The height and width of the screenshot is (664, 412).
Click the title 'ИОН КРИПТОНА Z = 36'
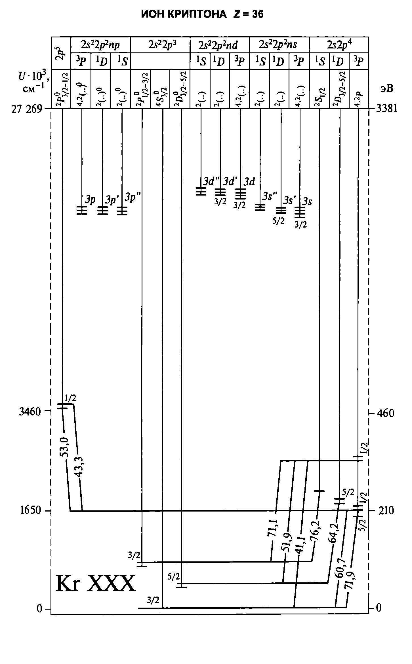(x=202, y=14)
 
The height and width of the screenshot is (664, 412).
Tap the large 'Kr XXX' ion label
(x=96, y=584)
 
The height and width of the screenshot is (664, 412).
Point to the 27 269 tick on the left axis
(x=26, y=109)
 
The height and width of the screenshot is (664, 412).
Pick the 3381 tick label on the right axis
(x=386, y=109)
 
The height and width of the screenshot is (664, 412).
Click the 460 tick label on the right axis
(x=385, y=413)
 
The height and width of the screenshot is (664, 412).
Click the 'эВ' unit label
(x=387, y=89)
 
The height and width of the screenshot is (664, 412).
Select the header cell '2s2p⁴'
(x=339, y=45)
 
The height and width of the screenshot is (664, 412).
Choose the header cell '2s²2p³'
(x=160, y=45)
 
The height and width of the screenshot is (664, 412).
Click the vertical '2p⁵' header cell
(x=61, y=53)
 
